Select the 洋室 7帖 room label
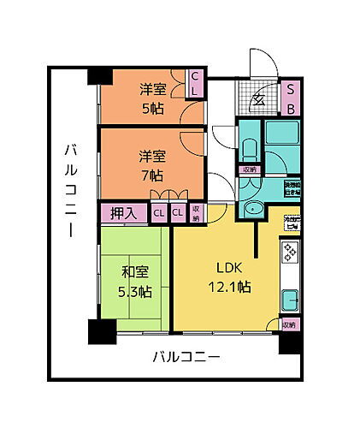coord(153,166)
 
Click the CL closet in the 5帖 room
coord(195,84)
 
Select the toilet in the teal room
coord(249,150)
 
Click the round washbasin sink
coord(254,213)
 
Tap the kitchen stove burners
coord(290,254)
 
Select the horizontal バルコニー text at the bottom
coord(187,356)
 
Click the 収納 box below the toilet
coord(249,169)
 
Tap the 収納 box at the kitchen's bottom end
coord(289,324)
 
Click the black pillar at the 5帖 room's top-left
coord(99,76)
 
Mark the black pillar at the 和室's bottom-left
coord(99,331)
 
